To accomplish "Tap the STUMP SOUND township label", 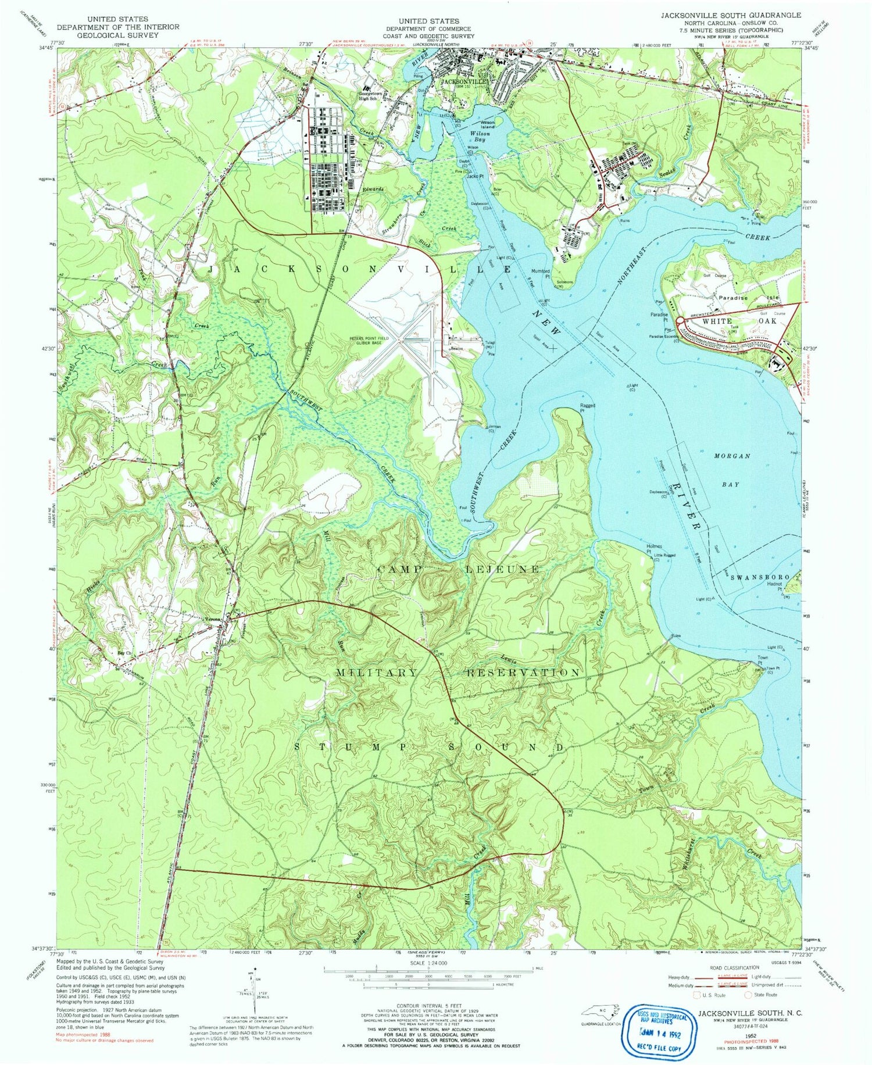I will click(429, 747).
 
